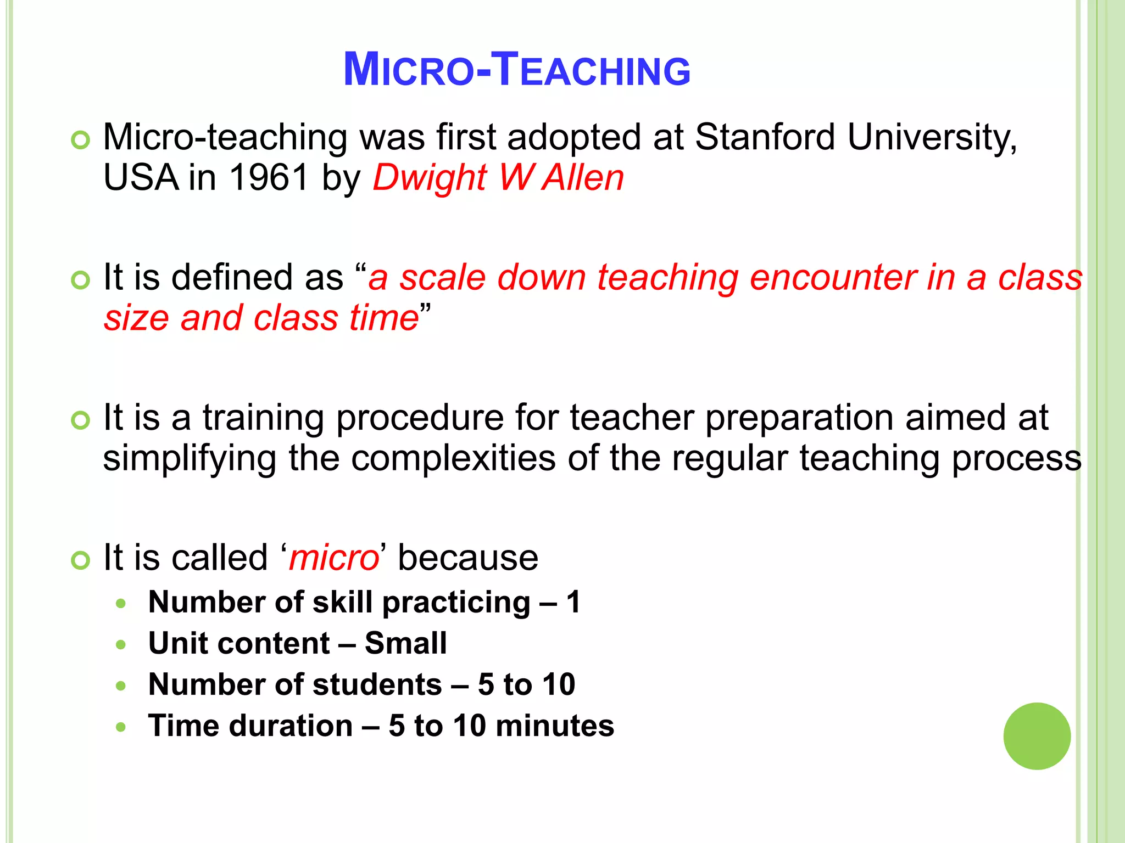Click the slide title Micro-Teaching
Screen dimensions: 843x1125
click(516, 70)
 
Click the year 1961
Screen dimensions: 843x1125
click(269, 178)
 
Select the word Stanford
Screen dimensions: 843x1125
click(765, 137)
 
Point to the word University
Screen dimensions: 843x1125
click(932, 138)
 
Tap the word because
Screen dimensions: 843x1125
click(467, 558)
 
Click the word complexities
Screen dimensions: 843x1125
click(453, 458)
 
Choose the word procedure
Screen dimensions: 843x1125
click(420, 418)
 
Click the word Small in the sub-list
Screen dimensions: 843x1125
click(405, 643)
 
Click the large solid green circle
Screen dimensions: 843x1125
click(1037, 736)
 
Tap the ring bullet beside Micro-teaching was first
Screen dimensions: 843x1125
click(80, 140)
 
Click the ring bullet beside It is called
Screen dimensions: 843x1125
click(80, 560)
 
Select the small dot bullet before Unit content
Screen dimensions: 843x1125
click(121, 645)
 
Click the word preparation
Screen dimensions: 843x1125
click(799, 418)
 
